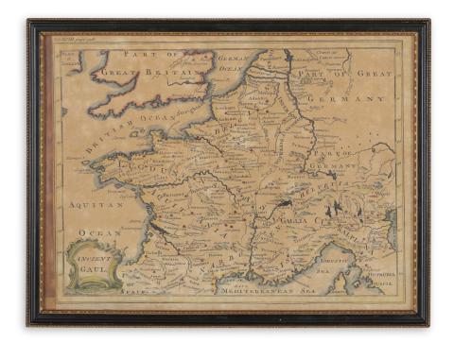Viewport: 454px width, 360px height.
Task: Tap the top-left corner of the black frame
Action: [30, 21]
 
